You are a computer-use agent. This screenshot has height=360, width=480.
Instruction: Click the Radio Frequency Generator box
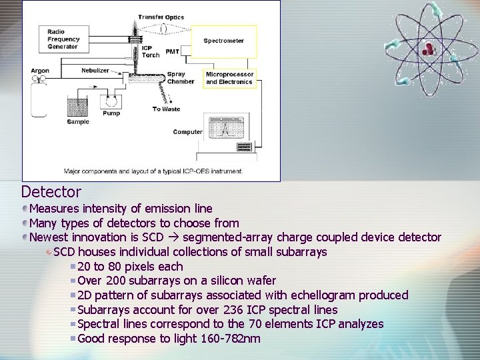click(63, 39)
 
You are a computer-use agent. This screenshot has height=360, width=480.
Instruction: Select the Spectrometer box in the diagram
click(224, 41)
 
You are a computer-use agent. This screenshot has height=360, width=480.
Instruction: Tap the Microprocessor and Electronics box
click(229, 78)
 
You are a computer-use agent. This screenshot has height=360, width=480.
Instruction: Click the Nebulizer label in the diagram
click(95, 70)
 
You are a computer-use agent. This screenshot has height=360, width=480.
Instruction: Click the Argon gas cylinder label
click(40, 71)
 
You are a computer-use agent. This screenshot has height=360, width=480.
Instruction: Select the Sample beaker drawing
click(78, 106)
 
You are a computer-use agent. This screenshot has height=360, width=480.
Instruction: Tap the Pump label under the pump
click(111, 113)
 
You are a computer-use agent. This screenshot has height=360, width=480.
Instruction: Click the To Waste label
click(166, 109)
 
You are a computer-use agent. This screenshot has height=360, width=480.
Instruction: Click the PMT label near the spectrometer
click(173, 51)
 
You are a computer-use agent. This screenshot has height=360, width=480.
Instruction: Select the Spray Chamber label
click(181, 78)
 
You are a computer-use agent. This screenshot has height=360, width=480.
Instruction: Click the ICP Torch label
click(151, 51)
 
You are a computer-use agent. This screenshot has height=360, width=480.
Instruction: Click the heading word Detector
click(51, 192)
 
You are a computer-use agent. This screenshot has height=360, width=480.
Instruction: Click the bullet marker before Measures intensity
click(25, 209)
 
